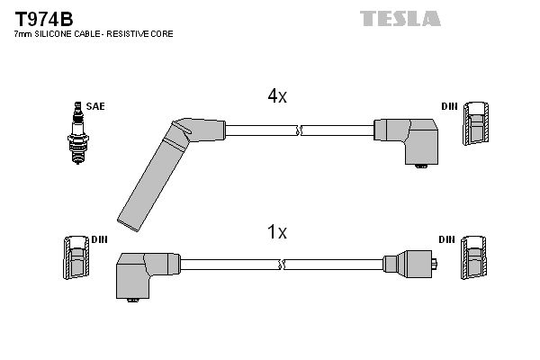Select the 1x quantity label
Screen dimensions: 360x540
click(277, 233)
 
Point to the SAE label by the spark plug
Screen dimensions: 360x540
click(96, 106)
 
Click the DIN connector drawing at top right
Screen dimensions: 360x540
click(478, 125)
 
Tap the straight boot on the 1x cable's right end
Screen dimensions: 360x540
click(409, 264)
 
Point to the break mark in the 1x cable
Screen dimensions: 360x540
click(283, 265)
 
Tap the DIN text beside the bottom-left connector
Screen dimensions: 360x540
click(99, 239)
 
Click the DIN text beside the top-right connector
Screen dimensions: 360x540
click(448, 106)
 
